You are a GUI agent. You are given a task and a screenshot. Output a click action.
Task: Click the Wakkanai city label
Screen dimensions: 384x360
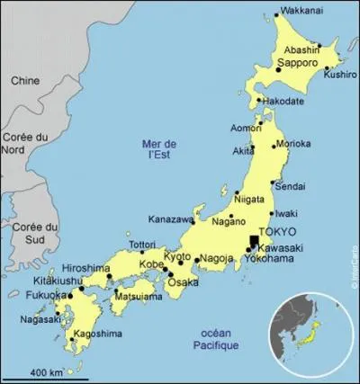[301, 12]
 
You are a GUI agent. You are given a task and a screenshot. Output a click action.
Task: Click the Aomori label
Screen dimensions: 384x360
[246, 129]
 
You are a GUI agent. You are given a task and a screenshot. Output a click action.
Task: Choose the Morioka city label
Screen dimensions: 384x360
[293, 144]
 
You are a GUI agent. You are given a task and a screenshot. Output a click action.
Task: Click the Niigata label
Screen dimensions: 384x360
[248, 198]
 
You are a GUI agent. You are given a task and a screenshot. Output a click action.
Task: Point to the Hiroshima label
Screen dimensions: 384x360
[86, 269]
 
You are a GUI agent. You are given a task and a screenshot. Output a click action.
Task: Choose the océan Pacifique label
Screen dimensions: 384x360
[215, 340]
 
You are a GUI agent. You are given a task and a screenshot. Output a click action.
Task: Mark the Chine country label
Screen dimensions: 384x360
[24, 81]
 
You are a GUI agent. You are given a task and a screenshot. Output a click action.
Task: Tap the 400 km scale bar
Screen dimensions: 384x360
[45, 377]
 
